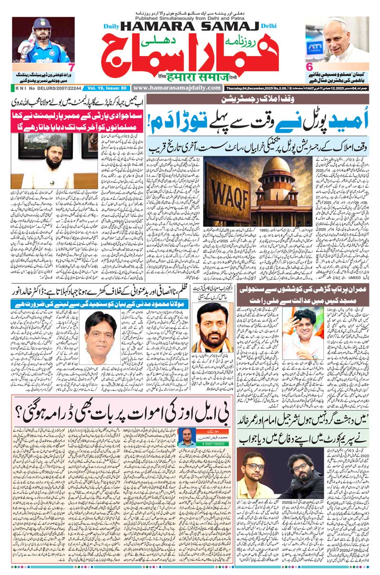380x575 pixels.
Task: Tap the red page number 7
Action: coord(71,67)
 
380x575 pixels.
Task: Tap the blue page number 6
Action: coord(309,67)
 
